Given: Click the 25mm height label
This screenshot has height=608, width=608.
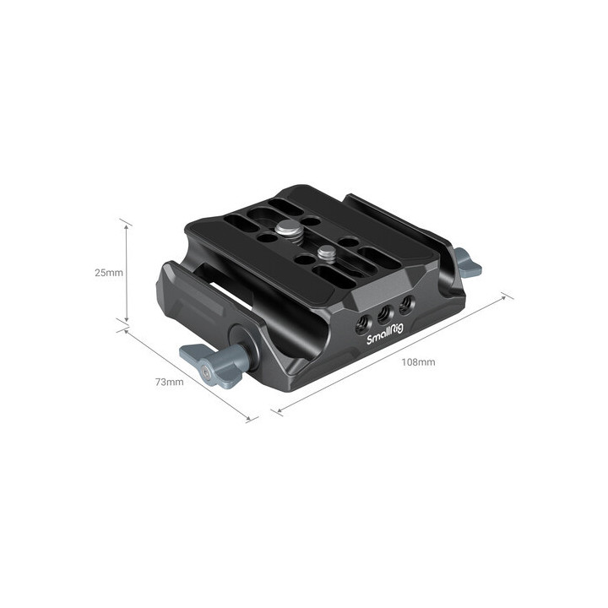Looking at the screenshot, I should (109, 273).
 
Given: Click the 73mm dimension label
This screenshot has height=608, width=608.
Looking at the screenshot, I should (169, 383).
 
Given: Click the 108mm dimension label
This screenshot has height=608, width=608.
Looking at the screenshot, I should (418, 362).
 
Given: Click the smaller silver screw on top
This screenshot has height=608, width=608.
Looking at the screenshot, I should (325, 252).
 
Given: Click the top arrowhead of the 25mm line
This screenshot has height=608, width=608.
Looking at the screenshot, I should (126, 225).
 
